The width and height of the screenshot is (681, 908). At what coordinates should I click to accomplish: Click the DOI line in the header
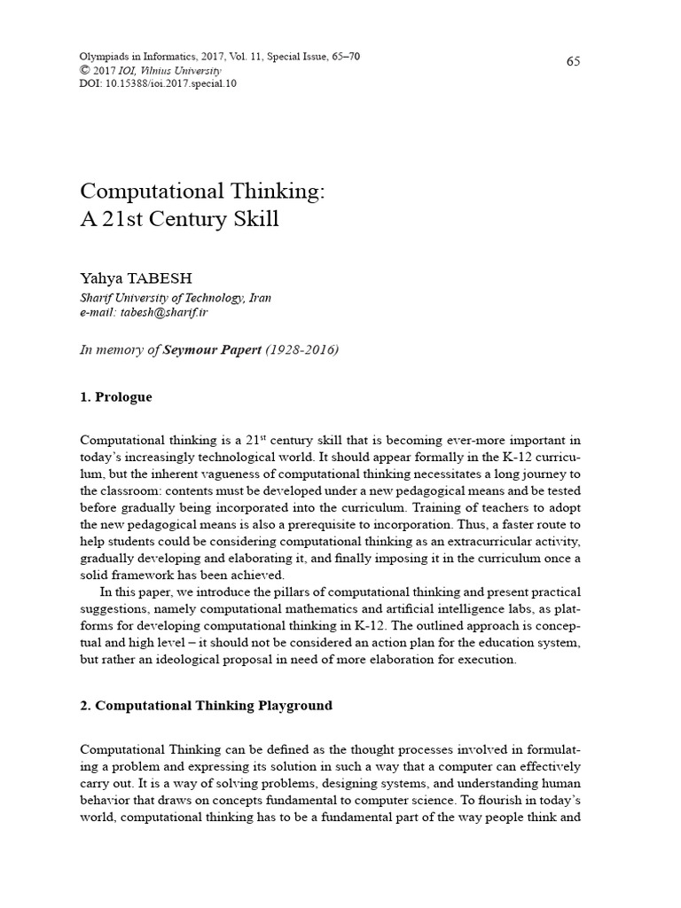tap(158, 83)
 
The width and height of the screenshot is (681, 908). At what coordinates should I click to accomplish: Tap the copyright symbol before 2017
tap(85, 71)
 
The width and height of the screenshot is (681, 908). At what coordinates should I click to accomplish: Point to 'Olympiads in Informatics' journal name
tap(133, 57)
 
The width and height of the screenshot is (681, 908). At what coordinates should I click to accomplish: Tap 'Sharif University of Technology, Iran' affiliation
tap(176, 298)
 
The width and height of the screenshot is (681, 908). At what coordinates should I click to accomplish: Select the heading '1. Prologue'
tap(115, 396)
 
